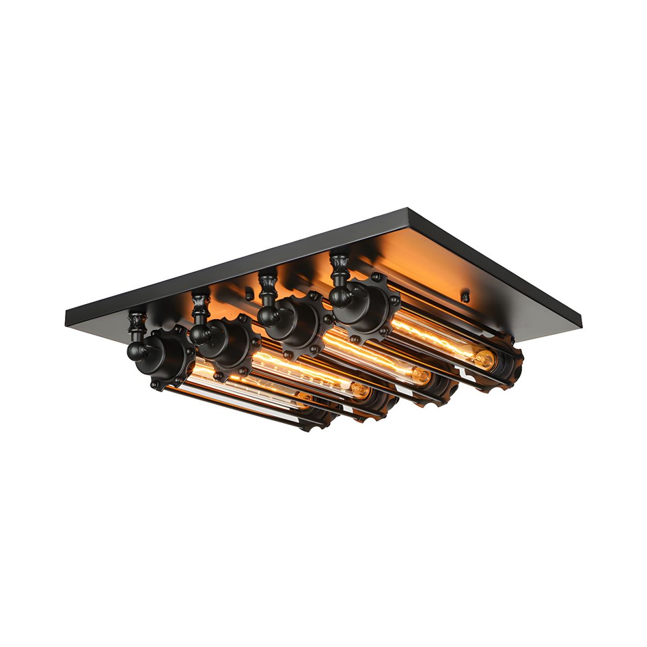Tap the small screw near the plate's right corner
pyautogui.click(x=464, y=296)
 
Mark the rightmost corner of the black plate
pyautogui.click(x=584, y=325)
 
